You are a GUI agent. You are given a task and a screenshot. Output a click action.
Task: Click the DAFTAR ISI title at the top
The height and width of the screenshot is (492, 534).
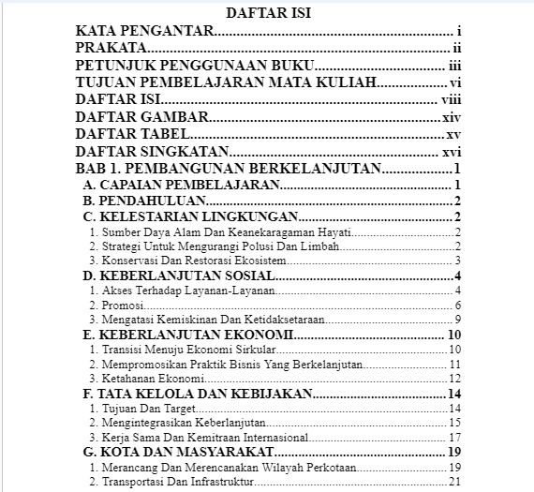[268, 12]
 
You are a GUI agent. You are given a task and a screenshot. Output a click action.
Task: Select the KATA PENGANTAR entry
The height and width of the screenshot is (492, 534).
[144, 32]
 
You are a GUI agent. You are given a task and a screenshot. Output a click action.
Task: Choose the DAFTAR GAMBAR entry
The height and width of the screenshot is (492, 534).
[141, 118]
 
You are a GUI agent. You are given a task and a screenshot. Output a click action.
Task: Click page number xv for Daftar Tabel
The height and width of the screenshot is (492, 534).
[453, 135]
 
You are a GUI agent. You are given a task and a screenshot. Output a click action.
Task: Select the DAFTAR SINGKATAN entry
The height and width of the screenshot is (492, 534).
[152, 152]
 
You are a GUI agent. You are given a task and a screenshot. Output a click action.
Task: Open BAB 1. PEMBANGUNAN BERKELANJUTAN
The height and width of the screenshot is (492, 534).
[229, 169]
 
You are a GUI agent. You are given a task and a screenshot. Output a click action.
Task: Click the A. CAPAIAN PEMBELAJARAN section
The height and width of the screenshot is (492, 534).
[182, 186]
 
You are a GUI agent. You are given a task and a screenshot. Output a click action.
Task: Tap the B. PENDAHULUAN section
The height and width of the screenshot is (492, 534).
[144, 201]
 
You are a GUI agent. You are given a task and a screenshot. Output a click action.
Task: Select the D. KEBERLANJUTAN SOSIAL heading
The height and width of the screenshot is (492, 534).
[179, 276]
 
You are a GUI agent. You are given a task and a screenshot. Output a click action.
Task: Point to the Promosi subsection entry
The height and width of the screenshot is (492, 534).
[111, 306]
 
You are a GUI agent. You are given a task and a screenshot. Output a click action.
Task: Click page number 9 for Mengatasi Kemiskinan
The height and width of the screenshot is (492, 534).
[457, 320]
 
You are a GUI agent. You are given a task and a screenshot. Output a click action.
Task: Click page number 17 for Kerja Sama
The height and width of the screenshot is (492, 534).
[454, 437]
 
